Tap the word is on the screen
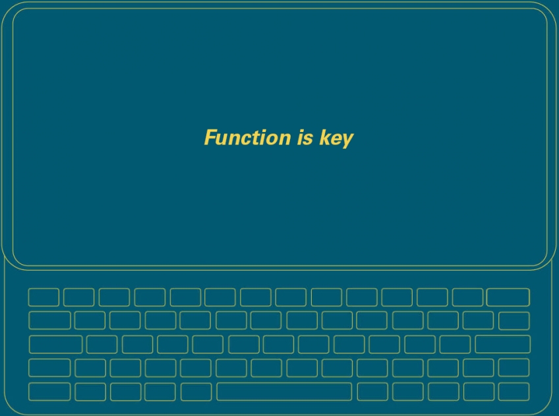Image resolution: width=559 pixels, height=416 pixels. pyautogui.click(x=305, y=138)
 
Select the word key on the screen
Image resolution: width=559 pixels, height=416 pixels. pyautogui.click(x=336, y=139)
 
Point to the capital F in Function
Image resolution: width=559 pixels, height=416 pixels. pyautogui.click(x=211, y=137)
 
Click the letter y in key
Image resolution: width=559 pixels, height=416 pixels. pyautogui.click(x=347, y=141)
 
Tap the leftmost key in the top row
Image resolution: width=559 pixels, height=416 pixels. pyautogui.click(x=44, y=297)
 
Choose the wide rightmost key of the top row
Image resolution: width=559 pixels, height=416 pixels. pyautogui.click(x=508, y=297)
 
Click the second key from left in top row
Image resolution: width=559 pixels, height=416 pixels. pyautogui.click(x=79, y=297)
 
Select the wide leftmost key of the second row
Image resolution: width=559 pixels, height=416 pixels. pyautogui.click(x=49, y=320)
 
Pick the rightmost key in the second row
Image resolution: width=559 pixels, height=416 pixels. pyautogui.click(x=514, y=321)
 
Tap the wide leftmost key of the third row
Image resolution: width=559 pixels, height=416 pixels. pyautogui.click(x=55, y=344)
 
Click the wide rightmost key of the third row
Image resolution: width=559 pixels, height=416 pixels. pyautogui.click(x=503, y=344)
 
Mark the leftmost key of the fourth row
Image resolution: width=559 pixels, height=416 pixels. pyautogui.click(x=49, y=368)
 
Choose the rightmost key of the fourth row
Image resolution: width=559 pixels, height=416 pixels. pyautogui.click(x=514, y=368)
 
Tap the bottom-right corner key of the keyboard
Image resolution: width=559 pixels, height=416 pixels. pyautogui.click(x=514, y=392)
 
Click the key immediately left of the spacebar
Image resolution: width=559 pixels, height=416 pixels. pyautogui.click(x=196, y=392)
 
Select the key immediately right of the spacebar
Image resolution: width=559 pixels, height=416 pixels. pyautogui.click(x=372, y=392)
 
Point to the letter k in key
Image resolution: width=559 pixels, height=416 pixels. pyautogui.click(x=324, y=137)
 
